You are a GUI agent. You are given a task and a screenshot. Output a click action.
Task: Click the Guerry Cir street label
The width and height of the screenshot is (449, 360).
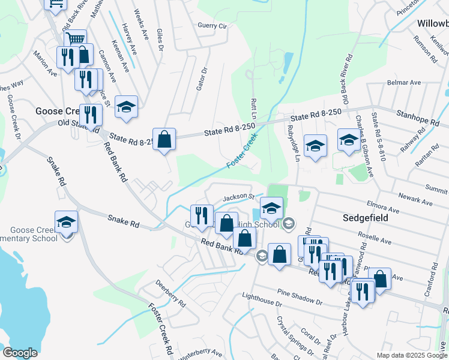point(212,26)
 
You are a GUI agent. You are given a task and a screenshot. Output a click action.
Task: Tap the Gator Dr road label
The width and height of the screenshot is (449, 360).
point(202,79)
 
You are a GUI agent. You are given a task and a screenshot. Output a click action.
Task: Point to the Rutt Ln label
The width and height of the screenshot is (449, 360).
point(254,107)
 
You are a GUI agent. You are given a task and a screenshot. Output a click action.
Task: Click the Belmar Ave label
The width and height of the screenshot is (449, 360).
point(404,82)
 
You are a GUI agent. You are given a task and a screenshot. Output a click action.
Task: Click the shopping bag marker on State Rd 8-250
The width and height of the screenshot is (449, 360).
point(164,139)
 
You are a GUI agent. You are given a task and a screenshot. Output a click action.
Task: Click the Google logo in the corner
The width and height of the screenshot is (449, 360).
point(20,353)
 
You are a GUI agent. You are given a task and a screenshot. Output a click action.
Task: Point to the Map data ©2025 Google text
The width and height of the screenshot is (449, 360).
point(412,355)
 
